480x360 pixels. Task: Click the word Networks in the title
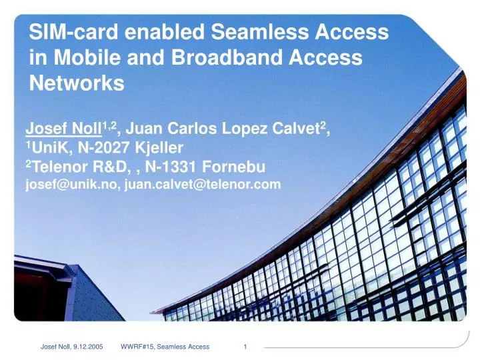click(x=77, y=83)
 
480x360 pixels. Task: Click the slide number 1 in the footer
click(x=246, y=347)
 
